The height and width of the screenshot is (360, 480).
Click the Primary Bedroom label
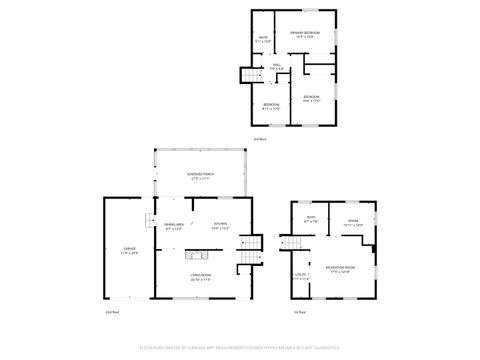(x=305, y=34)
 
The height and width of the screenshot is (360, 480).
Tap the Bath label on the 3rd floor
(x=263, y=40)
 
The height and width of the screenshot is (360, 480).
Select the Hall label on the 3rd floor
(x=276, y=67)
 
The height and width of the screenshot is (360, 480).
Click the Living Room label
(x=200, y=276)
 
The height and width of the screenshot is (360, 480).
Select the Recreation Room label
(x=336, y=269)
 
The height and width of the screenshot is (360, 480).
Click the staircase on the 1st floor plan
(x=291, y=244)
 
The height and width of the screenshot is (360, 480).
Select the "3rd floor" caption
(x=259, y=138)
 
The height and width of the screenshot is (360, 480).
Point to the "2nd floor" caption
(x=113, y=313)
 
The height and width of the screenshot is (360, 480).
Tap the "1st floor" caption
(x=299, y=313)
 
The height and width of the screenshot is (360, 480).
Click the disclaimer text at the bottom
(x=240, y=348)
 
